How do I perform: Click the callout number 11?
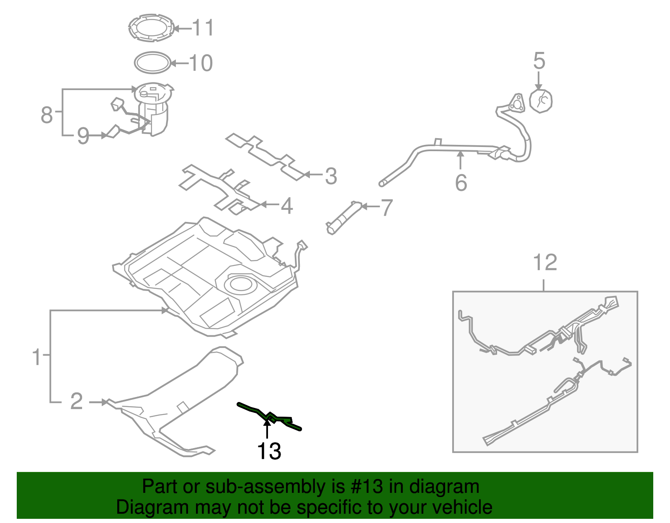tap(203, 28)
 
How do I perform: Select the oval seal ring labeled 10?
tap(153, 63)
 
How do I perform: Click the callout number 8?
tap(46, 114)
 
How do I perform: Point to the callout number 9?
tap(83, 136)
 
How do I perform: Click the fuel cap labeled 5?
tap(541, 101)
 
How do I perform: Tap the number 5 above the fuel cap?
tap(539, 61)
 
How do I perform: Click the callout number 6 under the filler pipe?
tap(461, 183)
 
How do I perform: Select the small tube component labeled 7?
tap(343, 217)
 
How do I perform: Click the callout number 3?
tap(331, 176)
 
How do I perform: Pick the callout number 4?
tap(286, 206)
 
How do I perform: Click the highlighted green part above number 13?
tap(270, 417)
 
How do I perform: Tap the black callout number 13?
tap(269, 451)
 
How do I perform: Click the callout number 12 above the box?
tap(545, 263)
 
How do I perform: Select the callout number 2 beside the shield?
tap(76, 401)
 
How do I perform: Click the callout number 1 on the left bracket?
tap(37, 357)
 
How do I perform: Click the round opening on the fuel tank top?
tap(240, 284)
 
